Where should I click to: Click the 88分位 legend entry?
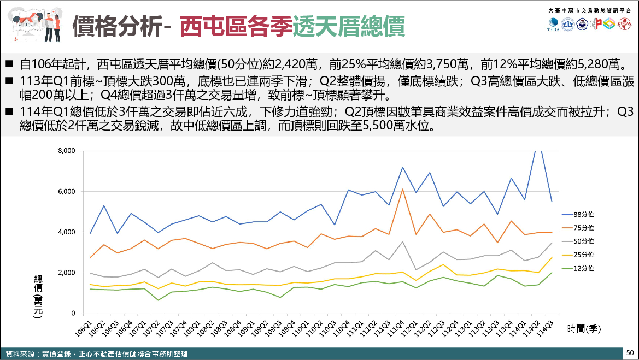pos(583,214)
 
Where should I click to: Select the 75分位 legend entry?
pos(583,227)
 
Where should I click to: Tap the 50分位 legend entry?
pos(583,241)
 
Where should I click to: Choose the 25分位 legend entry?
pos(583,255)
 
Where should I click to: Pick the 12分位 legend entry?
pos(583,268)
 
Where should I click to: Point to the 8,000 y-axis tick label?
pos(67,151)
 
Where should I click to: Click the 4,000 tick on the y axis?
pos(67,232)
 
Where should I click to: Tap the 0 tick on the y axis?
pos(73,314)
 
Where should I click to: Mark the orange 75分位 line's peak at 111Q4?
pos(402,190)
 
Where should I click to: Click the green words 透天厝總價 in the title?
pos(348,26)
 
